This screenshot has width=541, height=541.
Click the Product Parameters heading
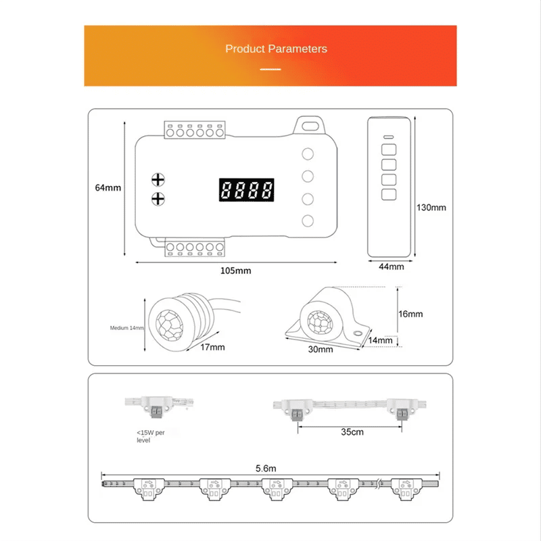pos(276,49)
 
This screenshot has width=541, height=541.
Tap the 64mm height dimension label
pos(108,187)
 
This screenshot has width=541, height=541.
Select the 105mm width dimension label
pos(235,270)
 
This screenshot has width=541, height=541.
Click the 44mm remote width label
pos(391,266)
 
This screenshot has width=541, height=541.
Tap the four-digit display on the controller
pos(246,189)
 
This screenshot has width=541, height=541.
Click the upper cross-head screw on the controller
pos(158,179)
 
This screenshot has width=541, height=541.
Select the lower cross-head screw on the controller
pos(158,198)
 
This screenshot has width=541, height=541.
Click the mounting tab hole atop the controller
pos(310,124)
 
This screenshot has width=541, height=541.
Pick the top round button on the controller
pos(308,154)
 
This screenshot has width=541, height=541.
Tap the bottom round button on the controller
pos(308,220)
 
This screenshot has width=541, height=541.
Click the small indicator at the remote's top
pos(388,135)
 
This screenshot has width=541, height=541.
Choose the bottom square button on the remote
pos(388,195)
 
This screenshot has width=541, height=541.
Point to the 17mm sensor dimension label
pos(212,347)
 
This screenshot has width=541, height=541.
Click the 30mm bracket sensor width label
pos(321,350)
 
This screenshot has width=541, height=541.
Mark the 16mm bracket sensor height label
pos(410,314)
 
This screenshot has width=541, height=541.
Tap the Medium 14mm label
pos(126,328)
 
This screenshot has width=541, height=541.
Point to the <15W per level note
pos(149,435)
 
